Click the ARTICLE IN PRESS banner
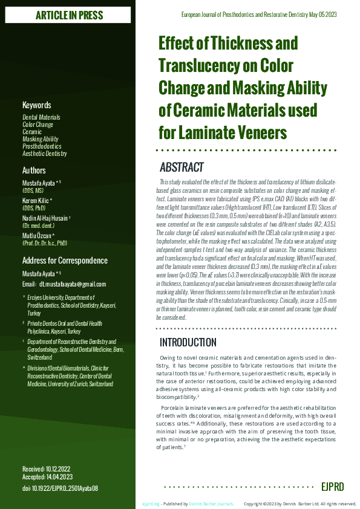(x=69, y=15)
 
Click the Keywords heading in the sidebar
(x=37, y=105)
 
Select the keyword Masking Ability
(x=41, y=139)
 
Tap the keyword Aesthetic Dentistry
(x=45, y=154)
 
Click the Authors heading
(x=34, y=170)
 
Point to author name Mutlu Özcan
(x=38, y=235)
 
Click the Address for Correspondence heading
(x=65, y=261)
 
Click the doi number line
(x=60, y=488)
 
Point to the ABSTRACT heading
(x=182, y=167)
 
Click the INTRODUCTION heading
(x=188, y=342)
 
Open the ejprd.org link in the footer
(x=151, y=504)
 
